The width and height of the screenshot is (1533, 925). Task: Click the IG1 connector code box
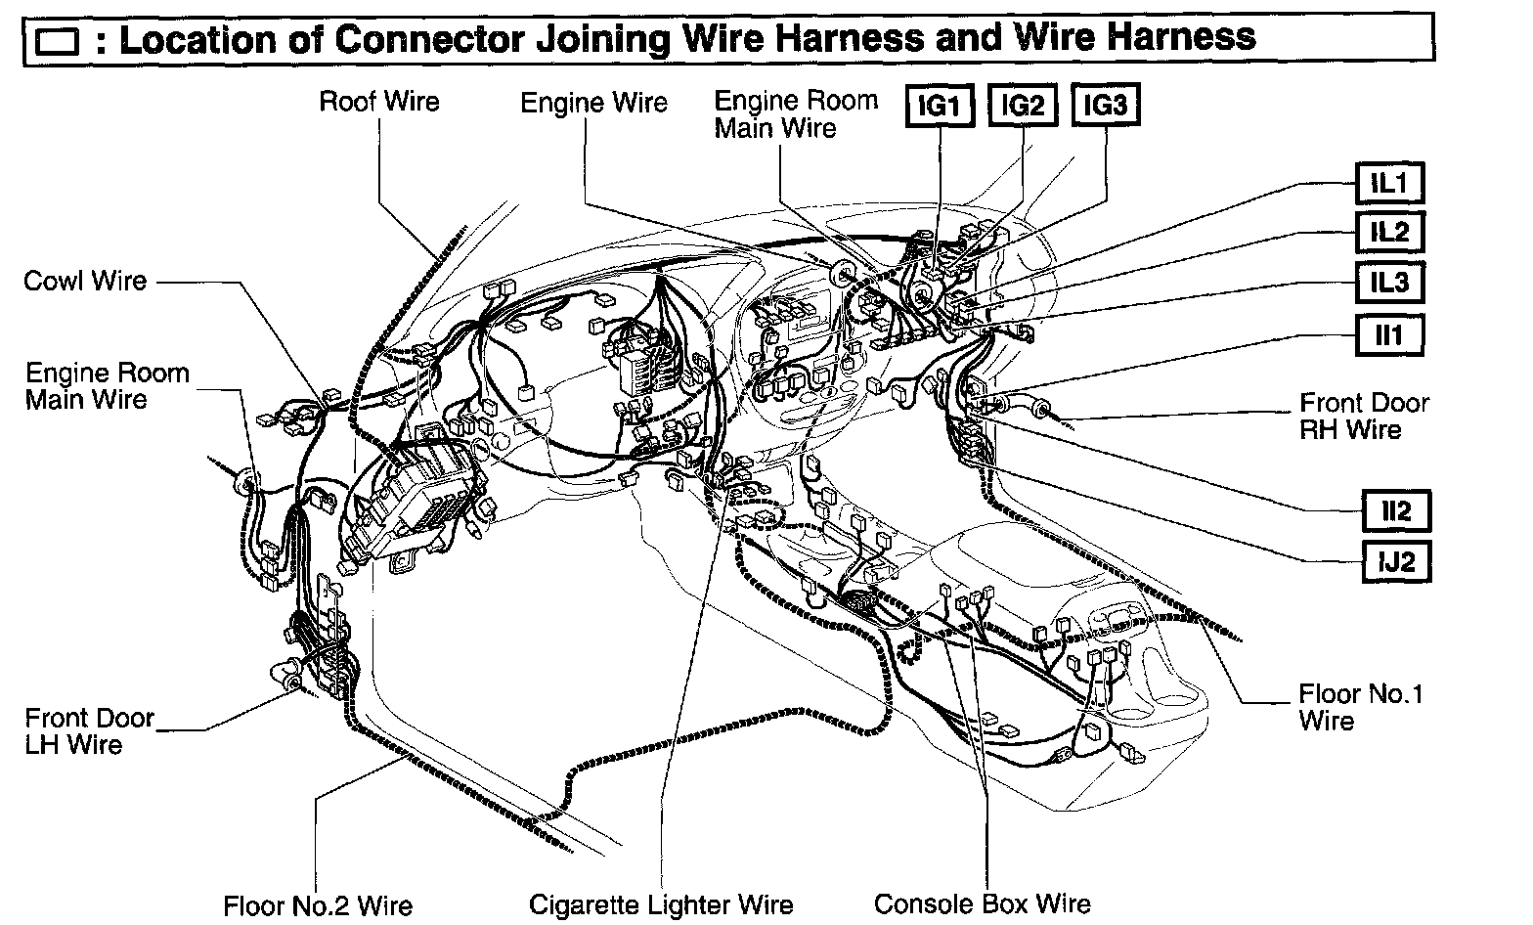coord(940,106)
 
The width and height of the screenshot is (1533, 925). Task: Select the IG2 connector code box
coord(1023,106)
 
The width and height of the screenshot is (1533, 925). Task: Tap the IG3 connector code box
coord(1106,106)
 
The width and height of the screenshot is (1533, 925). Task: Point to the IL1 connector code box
coord(1388,183)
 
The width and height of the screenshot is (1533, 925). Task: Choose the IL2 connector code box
coord(1388,233)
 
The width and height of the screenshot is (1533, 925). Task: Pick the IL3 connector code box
coord(1388,284)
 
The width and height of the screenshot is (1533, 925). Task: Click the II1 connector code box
coord(1388,335)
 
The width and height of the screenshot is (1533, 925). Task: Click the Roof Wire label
coord(379,102)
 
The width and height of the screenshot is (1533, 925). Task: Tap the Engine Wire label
coord(593,103)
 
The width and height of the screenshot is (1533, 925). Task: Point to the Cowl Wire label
coord(85,282)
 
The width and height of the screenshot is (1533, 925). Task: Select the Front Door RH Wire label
coord(1364,417)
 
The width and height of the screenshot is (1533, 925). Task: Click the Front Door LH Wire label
coord(89,731)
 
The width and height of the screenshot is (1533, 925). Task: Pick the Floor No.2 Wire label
coord(318,906)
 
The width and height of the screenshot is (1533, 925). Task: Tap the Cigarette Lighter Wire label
coord(661,905)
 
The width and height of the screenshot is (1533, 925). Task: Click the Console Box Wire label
coord(982,904)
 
